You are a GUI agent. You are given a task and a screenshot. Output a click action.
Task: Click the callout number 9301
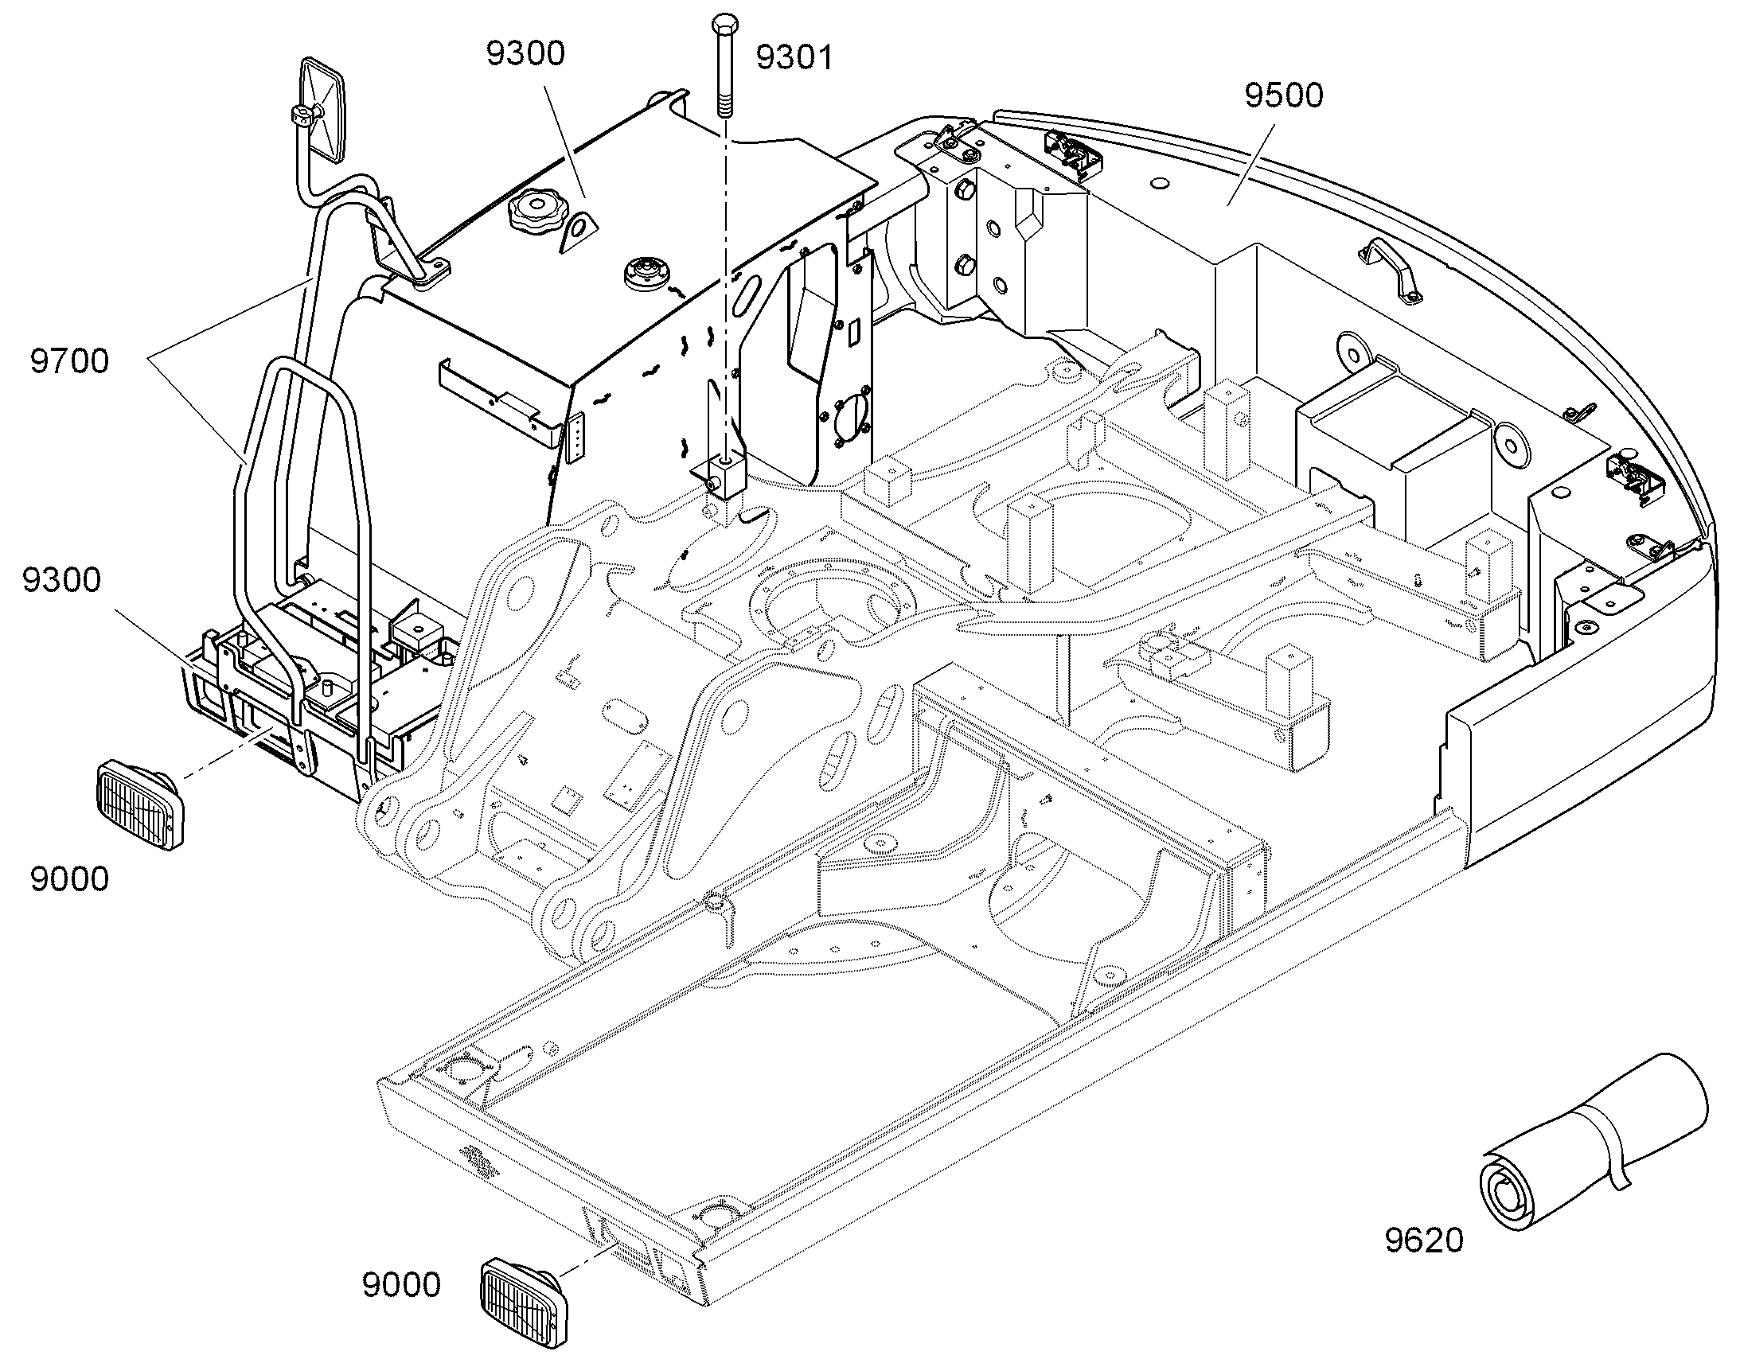pos(794,57)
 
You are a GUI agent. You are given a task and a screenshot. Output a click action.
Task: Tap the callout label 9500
pos(1283,95)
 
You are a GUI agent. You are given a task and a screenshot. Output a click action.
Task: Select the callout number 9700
pos(69,361)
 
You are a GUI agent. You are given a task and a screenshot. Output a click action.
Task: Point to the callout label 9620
pos(1424,1240)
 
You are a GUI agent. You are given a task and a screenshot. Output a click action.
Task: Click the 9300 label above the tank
pos(525,53)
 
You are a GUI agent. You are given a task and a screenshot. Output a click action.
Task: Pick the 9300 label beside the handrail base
pos(61,580)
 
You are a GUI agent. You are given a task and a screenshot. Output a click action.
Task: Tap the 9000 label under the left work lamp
pos(69,879)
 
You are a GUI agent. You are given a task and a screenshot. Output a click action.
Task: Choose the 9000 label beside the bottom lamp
pos(401,1286)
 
